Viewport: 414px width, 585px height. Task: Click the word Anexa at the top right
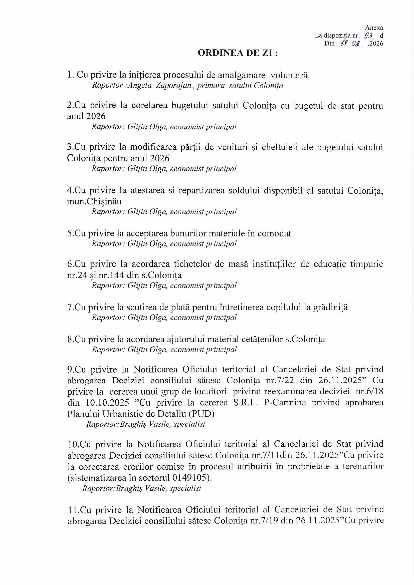tap(374, 28)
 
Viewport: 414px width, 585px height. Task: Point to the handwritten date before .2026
tap(352, 44)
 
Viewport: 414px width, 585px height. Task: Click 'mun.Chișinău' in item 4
tap(94, 201)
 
